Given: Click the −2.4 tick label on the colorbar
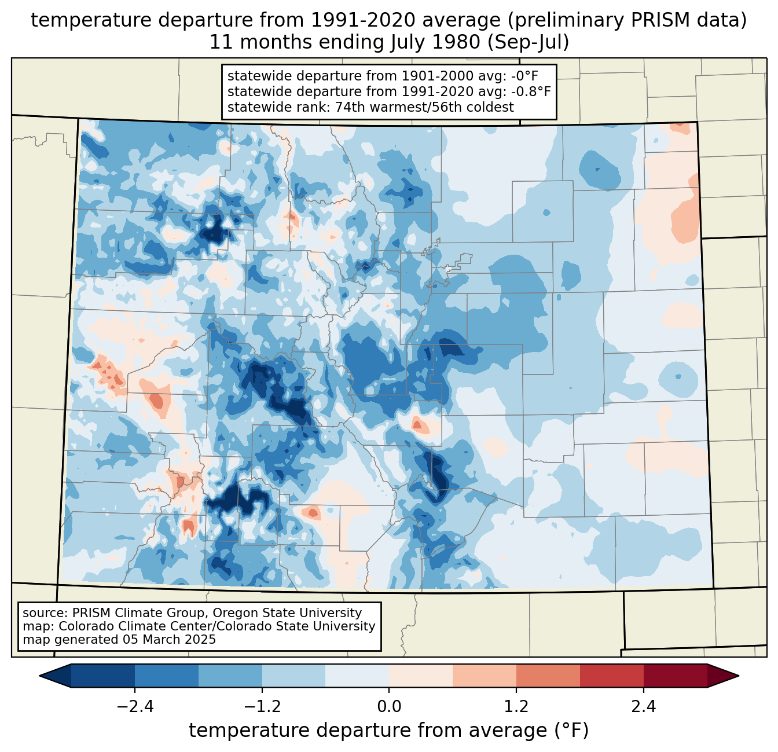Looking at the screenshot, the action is click(x=135, y=706).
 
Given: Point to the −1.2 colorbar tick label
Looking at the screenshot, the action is click(x=262, y=706).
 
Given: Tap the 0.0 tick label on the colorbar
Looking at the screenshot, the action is click(x=389, y=706).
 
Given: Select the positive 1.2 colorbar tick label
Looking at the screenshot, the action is click(x=516, y=706).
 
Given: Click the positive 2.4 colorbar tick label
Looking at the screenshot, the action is click(x=643, y=706).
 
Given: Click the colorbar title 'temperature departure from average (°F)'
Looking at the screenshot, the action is click(x=389, y=730).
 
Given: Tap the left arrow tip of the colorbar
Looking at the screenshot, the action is click(x=39, y=676).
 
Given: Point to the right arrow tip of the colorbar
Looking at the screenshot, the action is click(x=739, y=676).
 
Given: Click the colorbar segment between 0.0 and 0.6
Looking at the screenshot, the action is click(x=421, y=676).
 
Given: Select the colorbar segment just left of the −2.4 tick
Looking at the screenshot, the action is click(x=103, y=676).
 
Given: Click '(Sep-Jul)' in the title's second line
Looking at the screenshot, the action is click(x=528, y=42).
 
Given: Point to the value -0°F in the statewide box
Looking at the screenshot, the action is click(x=524, y=76).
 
